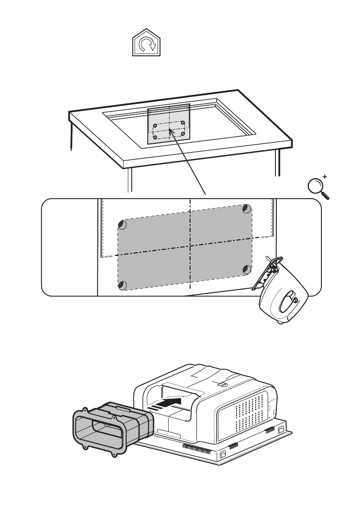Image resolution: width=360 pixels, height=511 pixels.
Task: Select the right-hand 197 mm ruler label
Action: (x=265, y=236)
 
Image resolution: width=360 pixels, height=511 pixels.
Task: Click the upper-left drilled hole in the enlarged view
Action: (x=122, y=225)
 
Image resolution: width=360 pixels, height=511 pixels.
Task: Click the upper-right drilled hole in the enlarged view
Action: (x=246, y=209)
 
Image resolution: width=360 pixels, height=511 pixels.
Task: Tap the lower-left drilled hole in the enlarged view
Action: (x=122, y=284)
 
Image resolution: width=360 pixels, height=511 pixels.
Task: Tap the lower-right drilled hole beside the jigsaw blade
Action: (x=247, y=269)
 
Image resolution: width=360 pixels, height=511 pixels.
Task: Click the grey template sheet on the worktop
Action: (x=169, y=124)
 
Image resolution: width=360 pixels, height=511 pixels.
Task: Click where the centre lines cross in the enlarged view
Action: (x=190, y=246)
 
